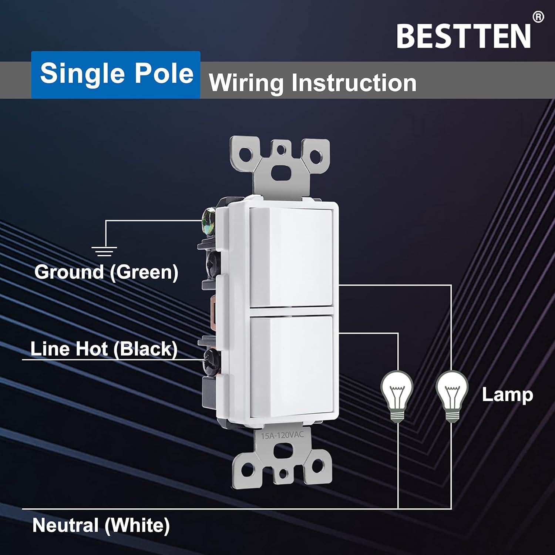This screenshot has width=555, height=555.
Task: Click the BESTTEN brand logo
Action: point(464,36)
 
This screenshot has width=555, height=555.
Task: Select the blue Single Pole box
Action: point(116,74)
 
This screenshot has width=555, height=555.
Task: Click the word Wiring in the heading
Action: point(246,83)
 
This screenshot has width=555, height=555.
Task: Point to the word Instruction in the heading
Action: point(354,83)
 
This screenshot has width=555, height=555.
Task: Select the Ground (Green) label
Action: point(107,272)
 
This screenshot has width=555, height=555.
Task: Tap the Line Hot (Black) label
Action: point(104,349)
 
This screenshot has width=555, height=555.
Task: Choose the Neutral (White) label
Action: point(101,525)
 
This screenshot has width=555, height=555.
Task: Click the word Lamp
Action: point(507,395)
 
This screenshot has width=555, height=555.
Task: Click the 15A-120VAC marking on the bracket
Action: point(282,435)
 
